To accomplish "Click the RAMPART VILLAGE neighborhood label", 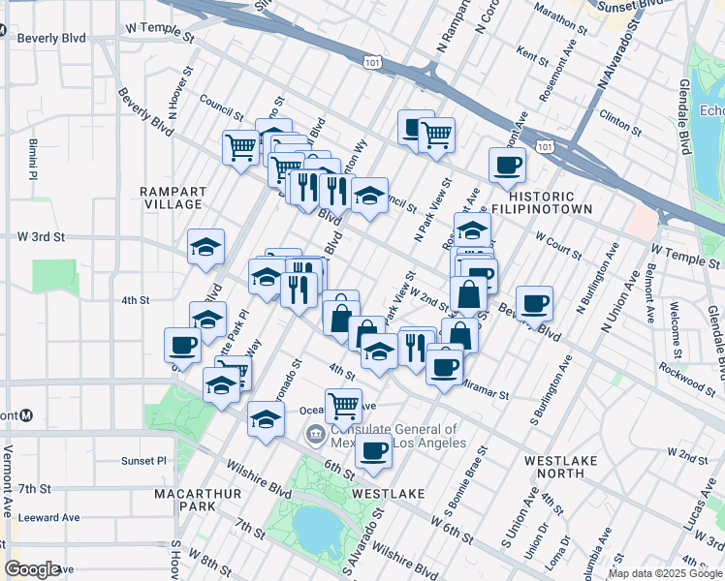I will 171,198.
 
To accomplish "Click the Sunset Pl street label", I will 144,461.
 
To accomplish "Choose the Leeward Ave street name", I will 47,517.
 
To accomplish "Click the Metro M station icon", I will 26,414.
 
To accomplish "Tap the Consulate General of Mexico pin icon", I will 314,435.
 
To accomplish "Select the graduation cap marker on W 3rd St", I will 205,247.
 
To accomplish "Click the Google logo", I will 33,569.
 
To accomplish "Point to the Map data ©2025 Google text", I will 664,573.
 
